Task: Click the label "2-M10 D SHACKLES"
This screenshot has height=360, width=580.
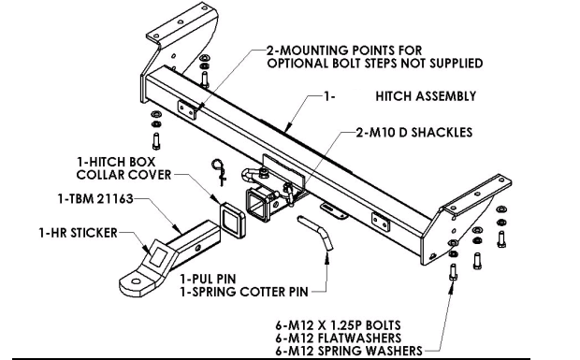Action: pos(414,133)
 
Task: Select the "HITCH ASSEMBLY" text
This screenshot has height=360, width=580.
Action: pos(426,96)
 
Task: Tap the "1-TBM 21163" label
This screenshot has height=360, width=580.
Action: pos(95,199)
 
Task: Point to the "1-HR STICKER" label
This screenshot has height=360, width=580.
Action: pos(78,233)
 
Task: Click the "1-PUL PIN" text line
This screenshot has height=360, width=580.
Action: pos(208,279)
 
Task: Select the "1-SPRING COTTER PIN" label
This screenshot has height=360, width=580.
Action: pos(244,292)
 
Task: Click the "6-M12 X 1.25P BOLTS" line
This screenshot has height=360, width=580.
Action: pos(338,325)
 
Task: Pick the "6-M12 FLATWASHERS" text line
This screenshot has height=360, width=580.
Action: pos(339,338)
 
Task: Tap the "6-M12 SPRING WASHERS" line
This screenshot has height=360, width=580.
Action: pos(349,351)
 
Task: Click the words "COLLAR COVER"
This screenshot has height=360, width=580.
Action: pos(123,175)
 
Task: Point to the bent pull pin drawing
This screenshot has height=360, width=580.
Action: pos(315,232)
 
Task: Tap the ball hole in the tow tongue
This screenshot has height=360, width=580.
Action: pos(136,281)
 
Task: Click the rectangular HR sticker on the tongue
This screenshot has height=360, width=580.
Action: pos(159,256)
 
